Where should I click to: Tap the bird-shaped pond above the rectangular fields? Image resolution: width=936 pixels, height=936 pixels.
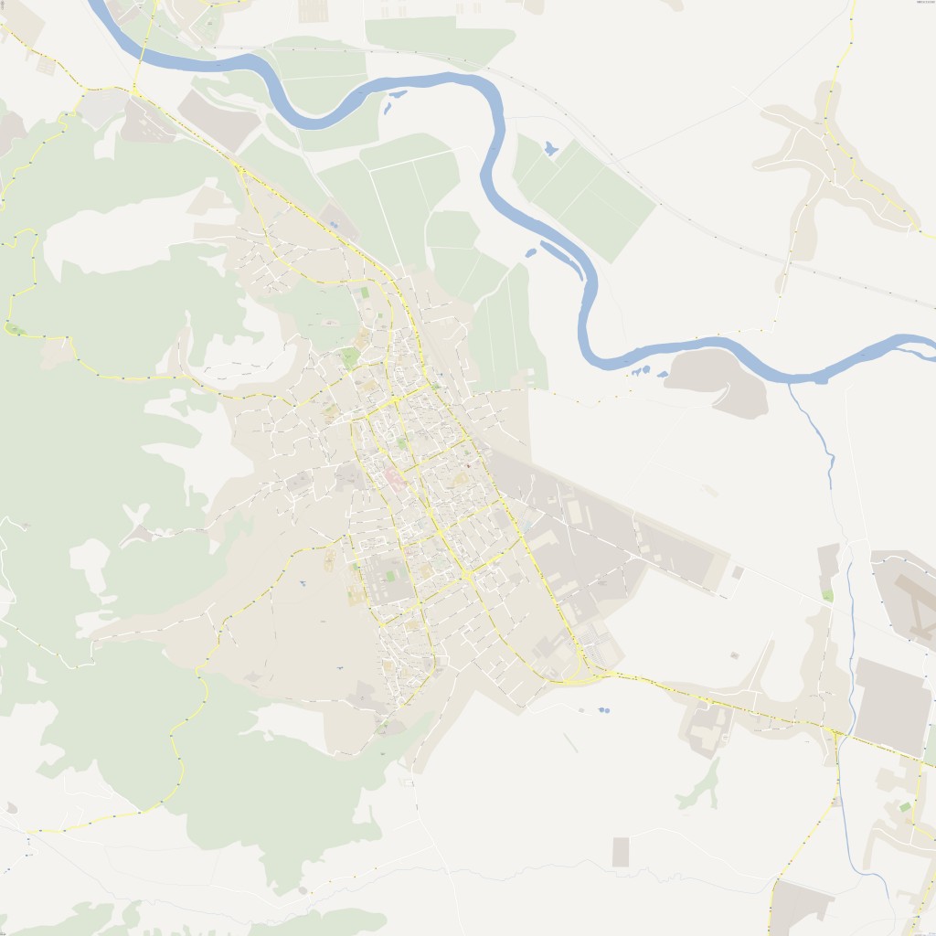[549, 147]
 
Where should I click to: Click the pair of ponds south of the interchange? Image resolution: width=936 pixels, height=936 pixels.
[603, 709]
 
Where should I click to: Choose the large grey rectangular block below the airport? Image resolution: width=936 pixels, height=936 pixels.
[892, 704]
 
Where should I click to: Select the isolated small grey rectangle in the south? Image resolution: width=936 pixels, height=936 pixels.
[621, 852]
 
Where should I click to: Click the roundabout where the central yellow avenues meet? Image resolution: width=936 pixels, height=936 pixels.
[467, 575]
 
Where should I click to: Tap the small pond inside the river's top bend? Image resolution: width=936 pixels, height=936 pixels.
[396, 95]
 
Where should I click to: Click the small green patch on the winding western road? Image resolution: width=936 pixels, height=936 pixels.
[13, 329]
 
